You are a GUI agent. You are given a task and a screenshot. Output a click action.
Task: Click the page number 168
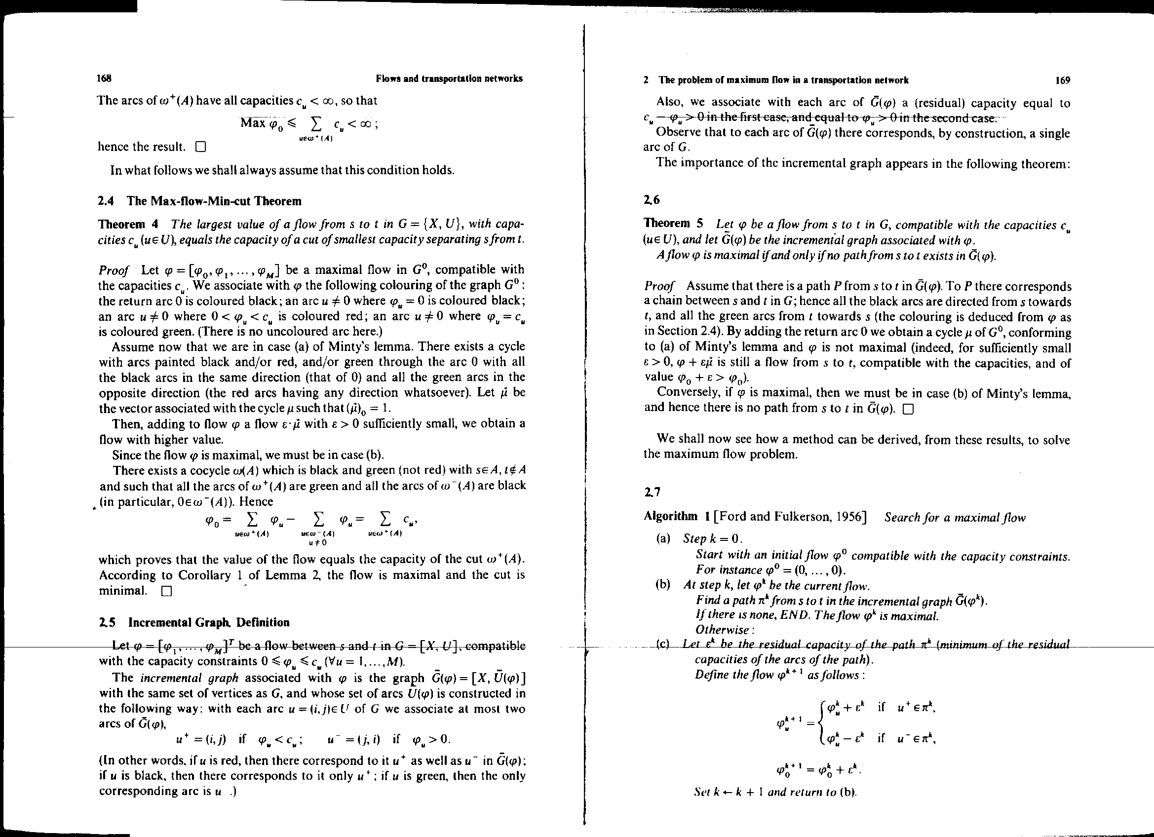click(x=104, y=78)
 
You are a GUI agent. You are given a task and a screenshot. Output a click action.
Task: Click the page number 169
click(x=1063, y=80)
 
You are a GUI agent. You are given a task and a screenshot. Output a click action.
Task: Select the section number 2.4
click(x=105, y=201)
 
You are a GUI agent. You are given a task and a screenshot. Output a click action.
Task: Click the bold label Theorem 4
click(x=128, y=225)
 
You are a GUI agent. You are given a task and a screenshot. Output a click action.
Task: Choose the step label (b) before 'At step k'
click(x=663, y=585)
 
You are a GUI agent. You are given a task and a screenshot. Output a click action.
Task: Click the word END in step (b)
click(x=780, y=616)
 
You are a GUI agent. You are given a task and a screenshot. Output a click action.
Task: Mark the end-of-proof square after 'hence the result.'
click(x=200, y=148)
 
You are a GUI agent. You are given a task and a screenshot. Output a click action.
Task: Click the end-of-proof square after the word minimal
click(x=166, y=591)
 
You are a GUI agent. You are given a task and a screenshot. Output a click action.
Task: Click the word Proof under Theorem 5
click(x=659, y=286)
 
